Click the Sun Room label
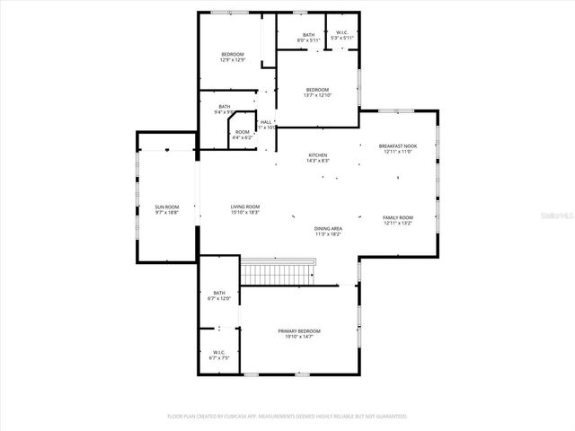pyautogui.click(x=166, y=207)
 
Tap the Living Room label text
pyautogui.click(x=245, y=207)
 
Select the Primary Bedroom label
pyautogui.click(x=298, y=331)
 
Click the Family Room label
pyautogui.click(x=397, y=218)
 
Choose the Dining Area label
pyautogui.click(x=328, y=229)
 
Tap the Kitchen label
pyautogui.click(x=318, y=154)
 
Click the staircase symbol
pyautogui.click(x=279, y=270)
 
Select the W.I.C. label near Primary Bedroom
pyautogui.click(x=219, y=352)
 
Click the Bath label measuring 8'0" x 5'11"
pyautogui.click(x=308, y=35)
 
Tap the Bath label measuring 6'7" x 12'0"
pyautogui.click(x=219, y=293)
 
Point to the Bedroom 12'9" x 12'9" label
pyautogui.click(x=233, y=55)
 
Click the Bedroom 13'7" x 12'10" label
pyautogui.click(x=317, y=90)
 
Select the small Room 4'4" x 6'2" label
pyautogui.click(x=243, y=132)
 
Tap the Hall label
pyautogui.click(x=266, y=122)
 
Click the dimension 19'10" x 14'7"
pyautogui.click(x=298, y=337)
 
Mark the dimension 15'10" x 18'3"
pyautogui.click(x=245, y=213)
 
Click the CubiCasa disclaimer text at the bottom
pyautogui.click(x=287, y=417)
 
